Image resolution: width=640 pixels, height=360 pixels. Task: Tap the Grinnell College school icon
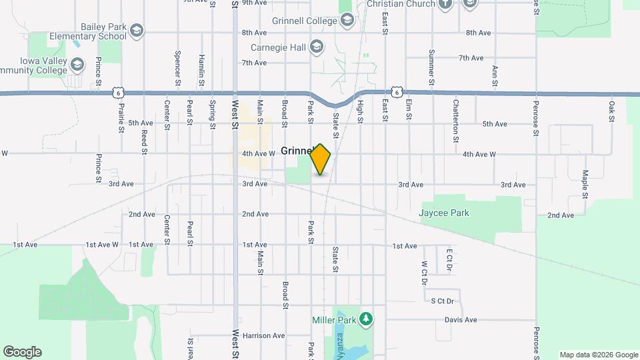pos(347,21)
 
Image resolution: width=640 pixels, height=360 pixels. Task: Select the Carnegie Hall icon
pos(317,47)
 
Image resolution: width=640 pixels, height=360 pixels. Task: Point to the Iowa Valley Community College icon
pos(78,65)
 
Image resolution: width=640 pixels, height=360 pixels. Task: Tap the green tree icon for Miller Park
pos(365,319)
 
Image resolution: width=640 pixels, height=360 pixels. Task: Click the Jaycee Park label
pos(444,213)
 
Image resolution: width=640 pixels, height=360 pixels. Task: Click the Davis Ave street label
pos(461,320)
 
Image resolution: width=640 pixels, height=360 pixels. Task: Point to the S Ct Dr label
pos(443,301)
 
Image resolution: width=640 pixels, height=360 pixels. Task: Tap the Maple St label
pos(585,184)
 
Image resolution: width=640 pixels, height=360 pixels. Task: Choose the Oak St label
pos(611,111)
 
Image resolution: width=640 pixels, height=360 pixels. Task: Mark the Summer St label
pos(432,63)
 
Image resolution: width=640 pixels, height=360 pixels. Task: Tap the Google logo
pos(23,351)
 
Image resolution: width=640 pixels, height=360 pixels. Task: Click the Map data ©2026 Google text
pos(599,355)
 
